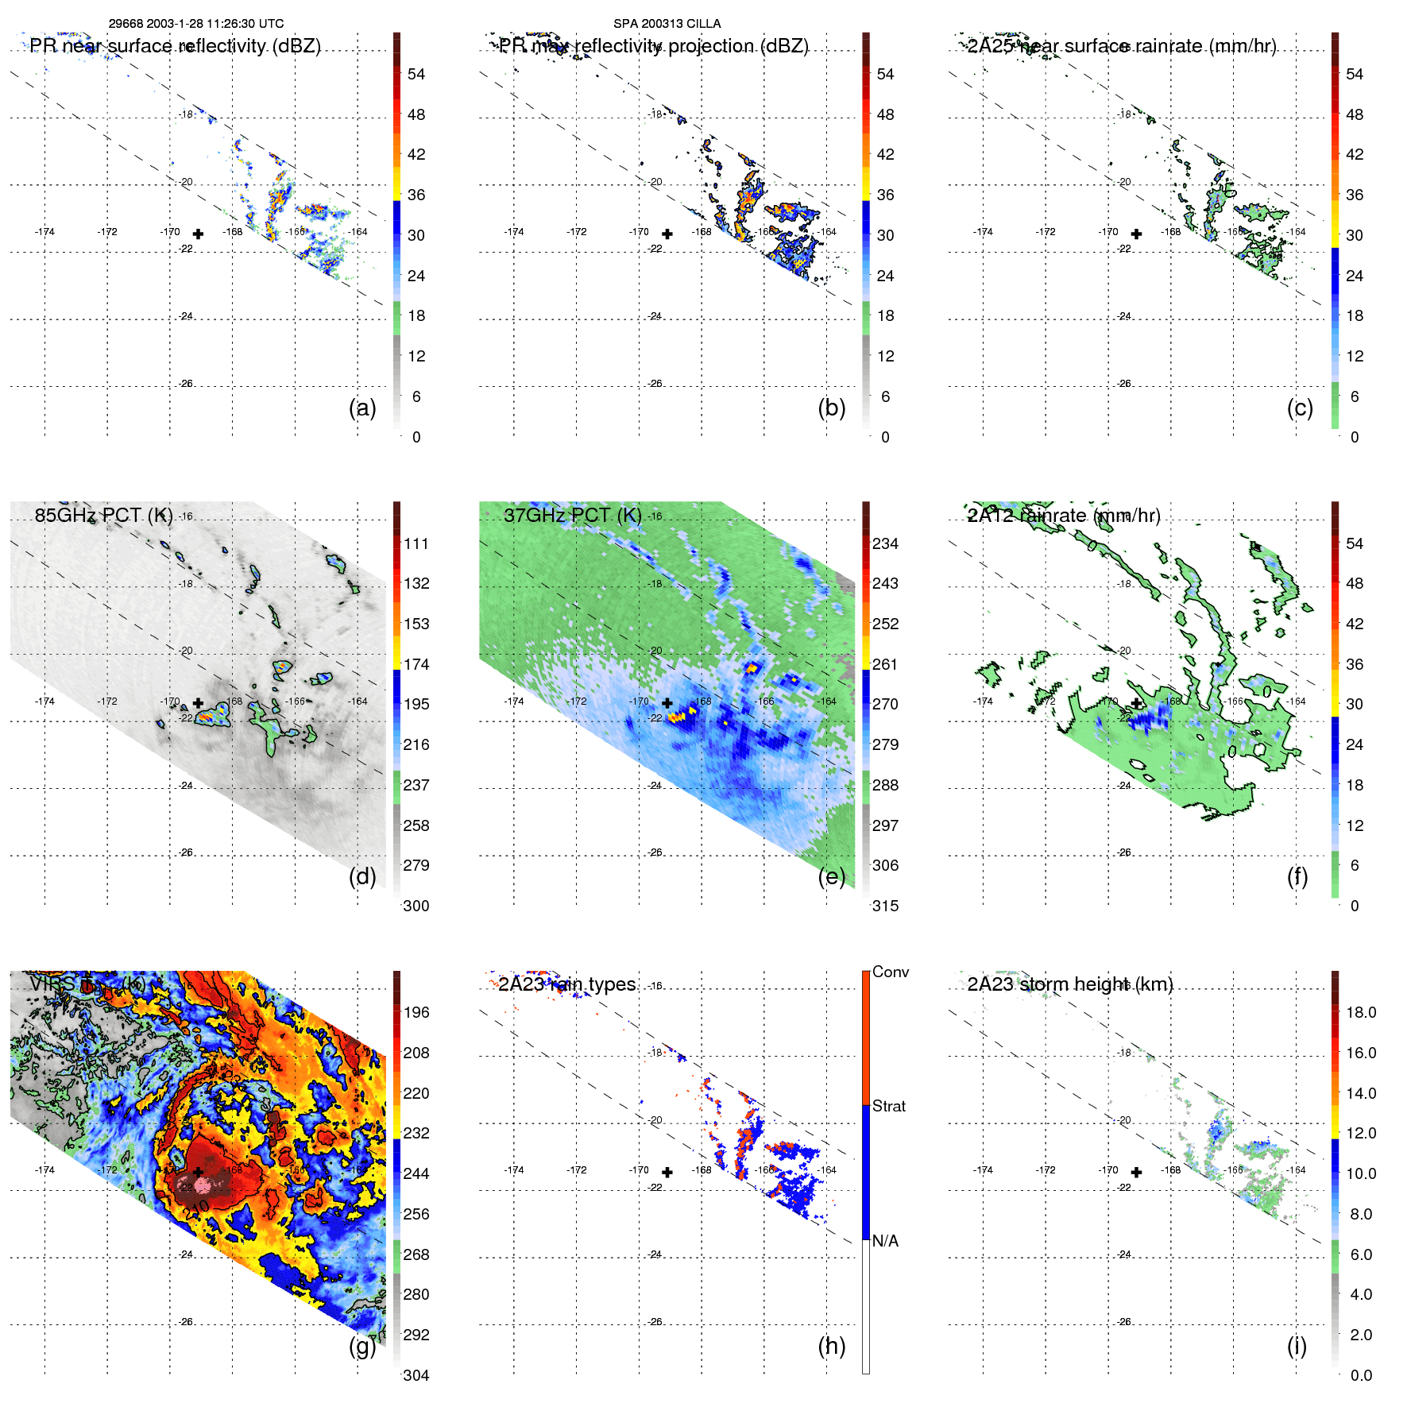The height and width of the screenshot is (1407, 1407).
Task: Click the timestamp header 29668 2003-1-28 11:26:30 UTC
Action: point(195,24)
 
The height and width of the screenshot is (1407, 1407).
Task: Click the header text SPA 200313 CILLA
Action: point(667,24)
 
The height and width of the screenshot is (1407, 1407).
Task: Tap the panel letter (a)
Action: point(362,408)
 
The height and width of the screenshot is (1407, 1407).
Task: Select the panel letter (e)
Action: point(831,877)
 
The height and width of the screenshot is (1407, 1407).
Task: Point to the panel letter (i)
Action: point(1297,1346)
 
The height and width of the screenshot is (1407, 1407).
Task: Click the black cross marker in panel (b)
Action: point(667,234)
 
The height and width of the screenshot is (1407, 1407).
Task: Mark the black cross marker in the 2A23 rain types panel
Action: point(667,1172)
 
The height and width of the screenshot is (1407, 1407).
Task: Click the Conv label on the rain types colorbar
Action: point(890,972)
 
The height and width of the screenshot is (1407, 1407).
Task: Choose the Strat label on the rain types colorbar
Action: point(888,1106)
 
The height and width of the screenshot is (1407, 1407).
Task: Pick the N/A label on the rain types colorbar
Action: point(885,1241)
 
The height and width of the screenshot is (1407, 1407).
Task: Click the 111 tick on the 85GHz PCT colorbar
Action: point(416,543)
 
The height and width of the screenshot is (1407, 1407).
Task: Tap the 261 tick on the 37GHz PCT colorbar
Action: point(885,664)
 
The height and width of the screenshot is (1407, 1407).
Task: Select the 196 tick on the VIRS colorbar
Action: point(416,1012)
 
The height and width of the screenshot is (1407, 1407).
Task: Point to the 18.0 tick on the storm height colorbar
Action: point(1360,1012)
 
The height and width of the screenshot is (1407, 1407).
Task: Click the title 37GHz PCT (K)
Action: point(572,516)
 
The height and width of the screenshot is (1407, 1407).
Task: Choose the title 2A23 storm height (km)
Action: point(1070,984)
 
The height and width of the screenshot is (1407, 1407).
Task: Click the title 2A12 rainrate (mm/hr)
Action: point(1064,516)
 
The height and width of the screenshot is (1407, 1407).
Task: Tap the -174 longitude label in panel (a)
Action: point(44,232)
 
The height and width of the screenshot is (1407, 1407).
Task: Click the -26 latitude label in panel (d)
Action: point(186,852)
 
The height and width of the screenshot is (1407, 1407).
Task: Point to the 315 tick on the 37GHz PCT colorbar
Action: point(885,906)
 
